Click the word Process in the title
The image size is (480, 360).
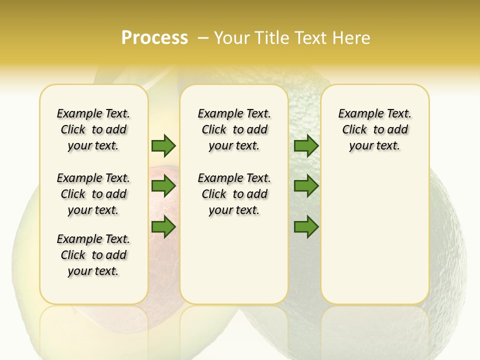coord(154,38)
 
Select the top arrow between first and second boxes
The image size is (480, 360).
coord(163,145)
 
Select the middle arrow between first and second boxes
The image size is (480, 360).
coord(163,186)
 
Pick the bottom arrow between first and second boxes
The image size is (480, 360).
coord(163,227)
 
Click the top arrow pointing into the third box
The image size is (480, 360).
coord(306,145)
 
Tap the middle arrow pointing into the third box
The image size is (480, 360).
coord(306,186)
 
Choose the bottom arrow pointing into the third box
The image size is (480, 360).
coord(306,227)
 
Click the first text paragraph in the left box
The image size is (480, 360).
coord(93,129)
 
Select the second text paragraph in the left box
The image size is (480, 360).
coord(93,194)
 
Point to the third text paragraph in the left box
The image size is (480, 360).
coord(93,255)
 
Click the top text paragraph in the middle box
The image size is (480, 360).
coord(234,129)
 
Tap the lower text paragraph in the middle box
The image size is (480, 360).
coord(234,194)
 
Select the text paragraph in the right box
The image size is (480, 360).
coord(374,129)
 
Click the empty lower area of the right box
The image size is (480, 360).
coord(374,240)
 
